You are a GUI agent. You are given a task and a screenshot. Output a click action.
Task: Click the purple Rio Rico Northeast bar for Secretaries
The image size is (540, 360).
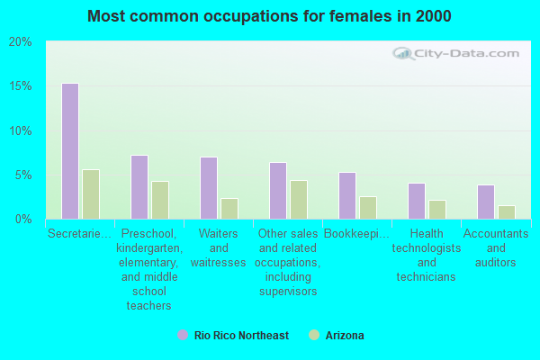click(x=69, y=151)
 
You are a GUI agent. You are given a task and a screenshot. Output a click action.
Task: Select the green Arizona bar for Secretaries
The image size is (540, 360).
click(x=90, y=194)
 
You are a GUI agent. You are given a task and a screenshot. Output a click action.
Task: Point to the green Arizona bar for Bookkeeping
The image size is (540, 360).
click(x=367, y=208)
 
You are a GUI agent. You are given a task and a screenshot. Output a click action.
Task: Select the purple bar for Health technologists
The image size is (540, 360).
click(x=416, y=201)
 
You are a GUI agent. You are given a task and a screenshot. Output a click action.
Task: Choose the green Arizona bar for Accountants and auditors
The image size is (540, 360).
click(x=506, y=212)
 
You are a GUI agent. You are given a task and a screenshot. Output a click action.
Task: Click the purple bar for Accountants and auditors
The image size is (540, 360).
click(x=485, y=202)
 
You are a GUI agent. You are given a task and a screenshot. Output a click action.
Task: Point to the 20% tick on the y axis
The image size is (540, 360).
click(x=21, y=42)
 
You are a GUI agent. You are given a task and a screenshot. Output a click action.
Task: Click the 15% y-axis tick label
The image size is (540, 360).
click(x=21, y=86)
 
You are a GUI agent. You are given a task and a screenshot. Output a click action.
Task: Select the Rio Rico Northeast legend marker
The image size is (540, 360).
click(x=183, y=335)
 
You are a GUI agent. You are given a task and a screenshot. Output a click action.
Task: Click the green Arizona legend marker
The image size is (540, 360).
click(x=314, y=335)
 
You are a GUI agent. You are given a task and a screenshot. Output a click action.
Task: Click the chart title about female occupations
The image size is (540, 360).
click(x=270, y=16)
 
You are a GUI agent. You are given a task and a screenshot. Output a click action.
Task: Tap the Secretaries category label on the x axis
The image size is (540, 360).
click(x=80, y=234)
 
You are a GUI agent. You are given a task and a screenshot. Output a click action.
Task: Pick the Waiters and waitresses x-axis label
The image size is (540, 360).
click(x=219, y=247)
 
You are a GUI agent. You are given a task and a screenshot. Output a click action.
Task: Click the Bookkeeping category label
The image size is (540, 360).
click(x=357, y=234)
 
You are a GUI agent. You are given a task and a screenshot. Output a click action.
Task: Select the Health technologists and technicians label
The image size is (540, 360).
click(x=427, y=255)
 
